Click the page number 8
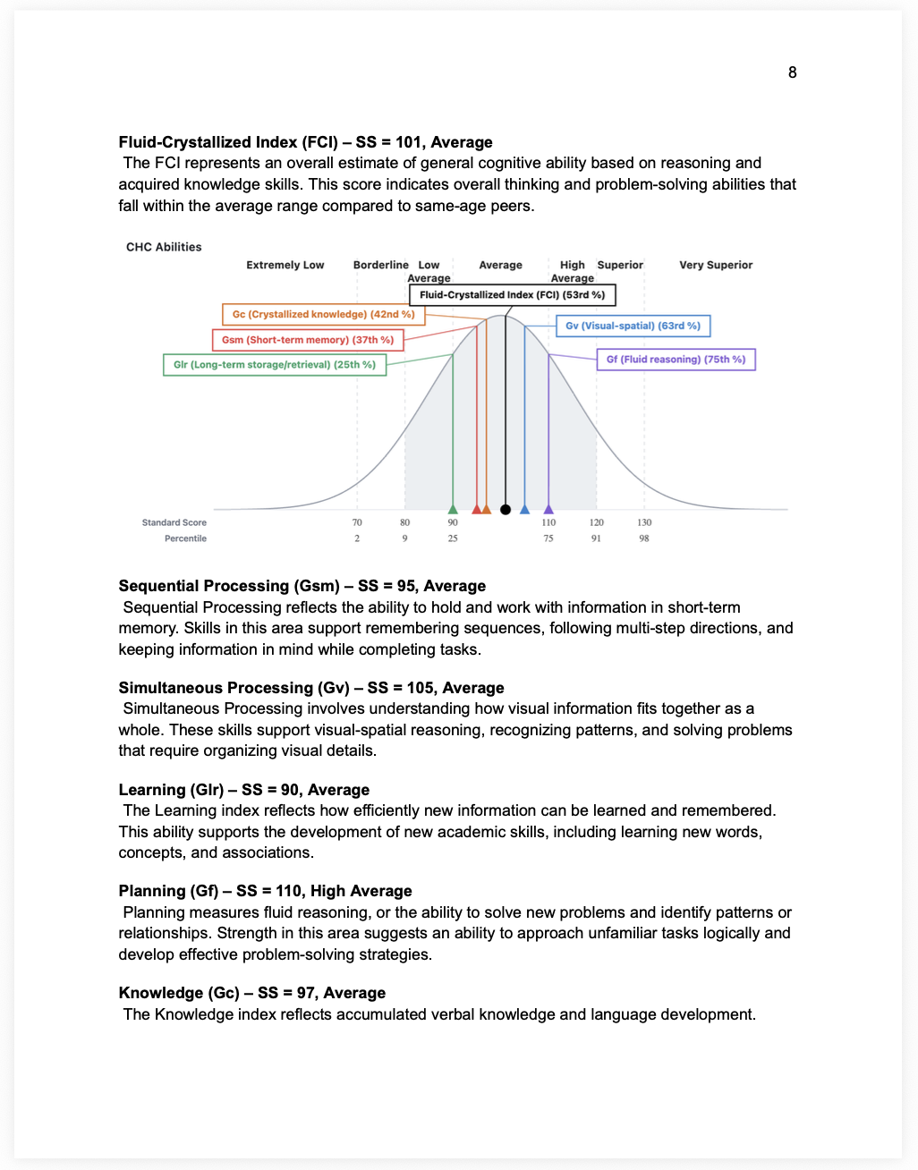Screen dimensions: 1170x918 click(792, 72)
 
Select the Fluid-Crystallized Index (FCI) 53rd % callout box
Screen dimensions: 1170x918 click(513, 295)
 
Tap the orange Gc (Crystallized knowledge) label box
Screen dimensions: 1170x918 click(323, 315)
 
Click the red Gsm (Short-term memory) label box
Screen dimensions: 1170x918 click(308, 340)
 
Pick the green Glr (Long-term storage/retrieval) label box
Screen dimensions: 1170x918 click(275, 365)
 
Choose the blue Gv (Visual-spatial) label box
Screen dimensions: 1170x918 click(633, 326)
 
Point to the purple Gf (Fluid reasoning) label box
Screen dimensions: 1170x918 click(676, 360)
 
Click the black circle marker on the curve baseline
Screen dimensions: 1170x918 click(506, 510)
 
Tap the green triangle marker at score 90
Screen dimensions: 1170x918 click(453, 509)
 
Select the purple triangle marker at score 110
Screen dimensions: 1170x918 click(548, 509)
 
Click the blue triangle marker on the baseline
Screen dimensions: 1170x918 click(524, 509)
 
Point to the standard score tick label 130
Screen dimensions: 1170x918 click(644, 522)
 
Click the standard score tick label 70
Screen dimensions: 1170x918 click(357, 522)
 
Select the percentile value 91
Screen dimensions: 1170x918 click(596, 538)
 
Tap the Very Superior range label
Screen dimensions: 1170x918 click(716, 266)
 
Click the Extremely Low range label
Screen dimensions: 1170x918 click(285, 266)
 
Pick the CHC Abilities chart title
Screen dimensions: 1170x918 click(164, 248)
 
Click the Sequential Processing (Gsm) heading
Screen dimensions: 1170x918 click(302, 586)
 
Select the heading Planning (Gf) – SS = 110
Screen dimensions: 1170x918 click(265, 891)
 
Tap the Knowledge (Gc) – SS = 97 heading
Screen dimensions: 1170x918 click(251, 993)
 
